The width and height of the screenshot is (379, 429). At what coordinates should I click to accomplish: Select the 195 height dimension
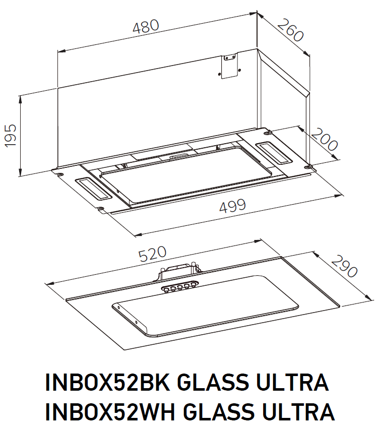tap(11, 135)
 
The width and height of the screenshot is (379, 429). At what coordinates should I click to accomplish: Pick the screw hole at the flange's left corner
tap(60, 174)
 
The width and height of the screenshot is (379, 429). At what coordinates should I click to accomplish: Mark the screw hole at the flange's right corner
tap(309, 166)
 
